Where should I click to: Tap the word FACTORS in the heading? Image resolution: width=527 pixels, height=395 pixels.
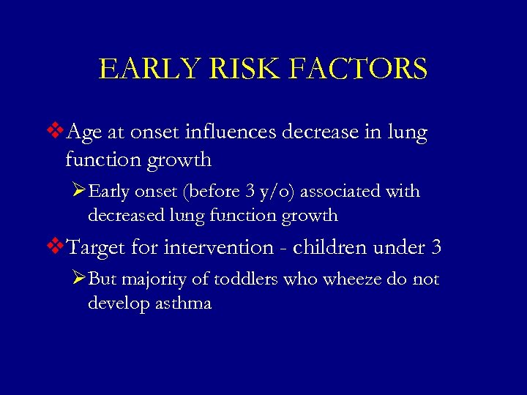click(x=358, y=69)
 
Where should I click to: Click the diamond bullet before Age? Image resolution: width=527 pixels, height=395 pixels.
click(x=56, y=132)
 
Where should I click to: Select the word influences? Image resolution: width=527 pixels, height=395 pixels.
click(x=242, y=133)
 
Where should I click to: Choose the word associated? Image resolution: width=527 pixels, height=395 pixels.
click(x=343, y=192)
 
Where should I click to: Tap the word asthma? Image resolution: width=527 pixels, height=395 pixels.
click(x=182, y=303)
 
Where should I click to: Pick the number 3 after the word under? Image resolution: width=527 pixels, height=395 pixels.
click(x=436, y=247)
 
